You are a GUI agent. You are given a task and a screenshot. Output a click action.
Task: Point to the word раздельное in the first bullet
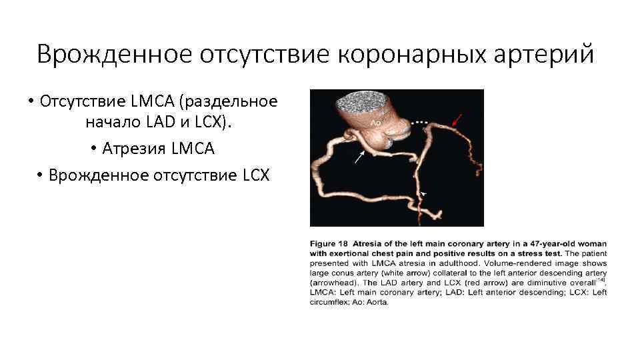click(x=233, y=101)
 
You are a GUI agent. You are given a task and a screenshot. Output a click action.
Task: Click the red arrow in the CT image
click(x=455, y=121)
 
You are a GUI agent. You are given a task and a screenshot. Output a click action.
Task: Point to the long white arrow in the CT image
click(x=359, y=157)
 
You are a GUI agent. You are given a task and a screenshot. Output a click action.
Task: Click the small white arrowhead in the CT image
click(x=423, y=193)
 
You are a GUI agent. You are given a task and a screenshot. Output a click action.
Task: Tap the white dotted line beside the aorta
click(x=420, y=123)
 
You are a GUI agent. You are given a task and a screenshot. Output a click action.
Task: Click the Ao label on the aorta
click(x=377, y=123)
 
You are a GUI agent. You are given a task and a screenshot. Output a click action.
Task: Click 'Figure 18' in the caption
click(x=329, y=244)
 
